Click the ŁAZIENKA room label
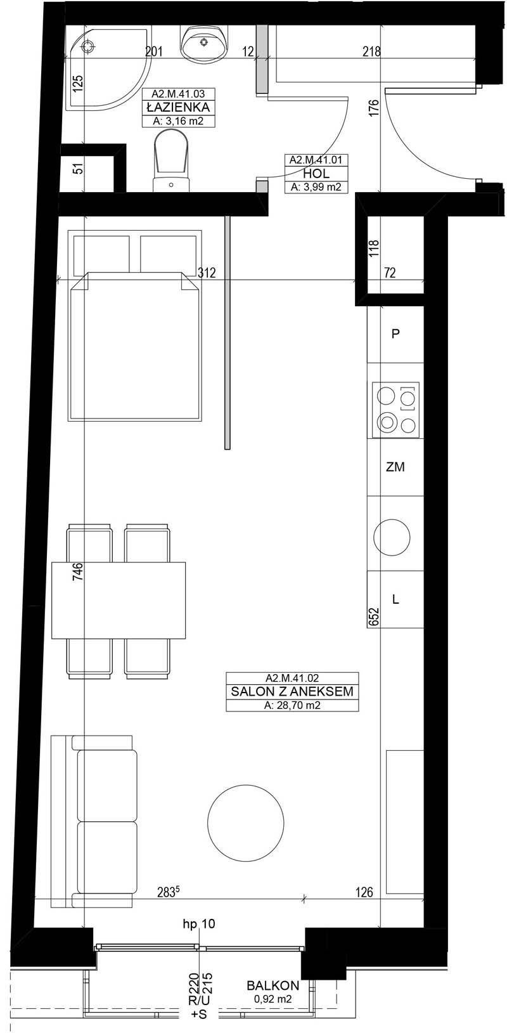(178, 107)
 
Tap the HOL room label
(316, 174)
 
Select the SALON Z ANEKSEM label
(292, 691)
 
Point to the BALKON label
(273, 986)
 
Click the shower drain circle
(87, 46)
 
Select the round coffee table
(246, 822)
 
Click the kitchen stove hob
(396, 410)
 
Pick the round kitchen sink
(392, 537)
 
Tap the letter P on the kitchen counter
(395, 334)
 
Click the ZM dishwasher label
(395, 467)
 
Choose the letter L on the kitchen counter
(395, 599)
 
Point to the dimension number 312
(207, 273)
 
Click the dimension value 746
(78, 571)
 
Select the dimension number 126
(364, 892)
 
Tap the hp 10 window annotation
(198, 924)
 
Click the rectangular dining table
(119, 600)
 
